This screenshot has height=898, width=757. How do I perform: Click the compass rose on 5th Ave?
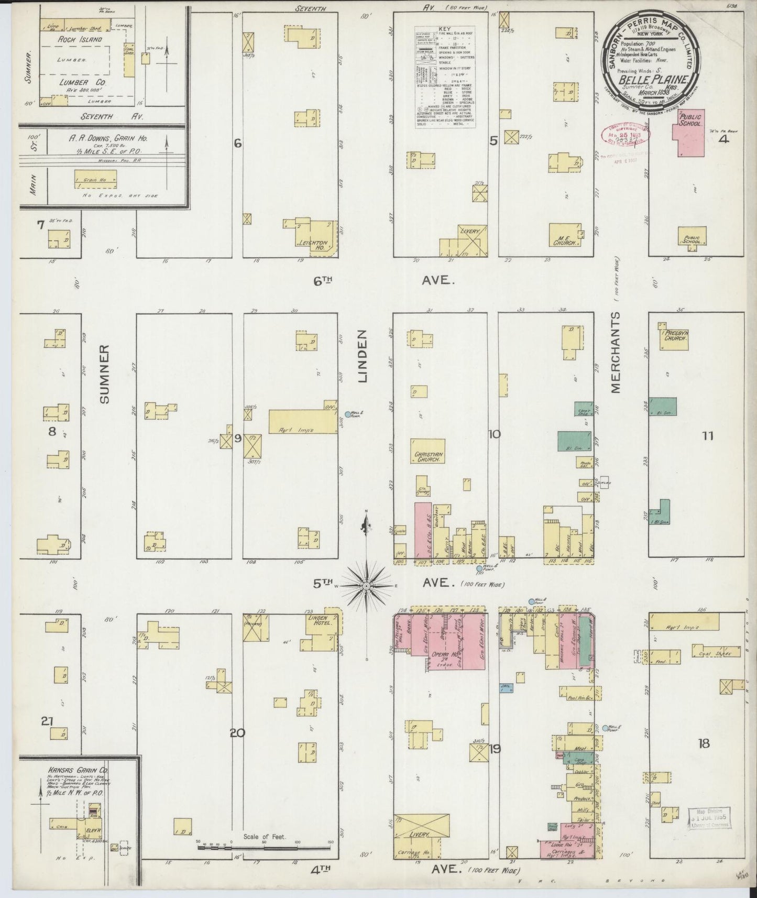(x=367, y=585)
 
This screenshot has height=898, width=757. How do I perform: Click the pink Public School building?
(x=691, y=133)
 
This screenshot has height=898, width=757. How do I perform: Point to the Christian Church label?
(x=427, y=456)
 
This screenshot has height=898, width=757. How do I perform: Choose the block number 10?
(x=493, y=434)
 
